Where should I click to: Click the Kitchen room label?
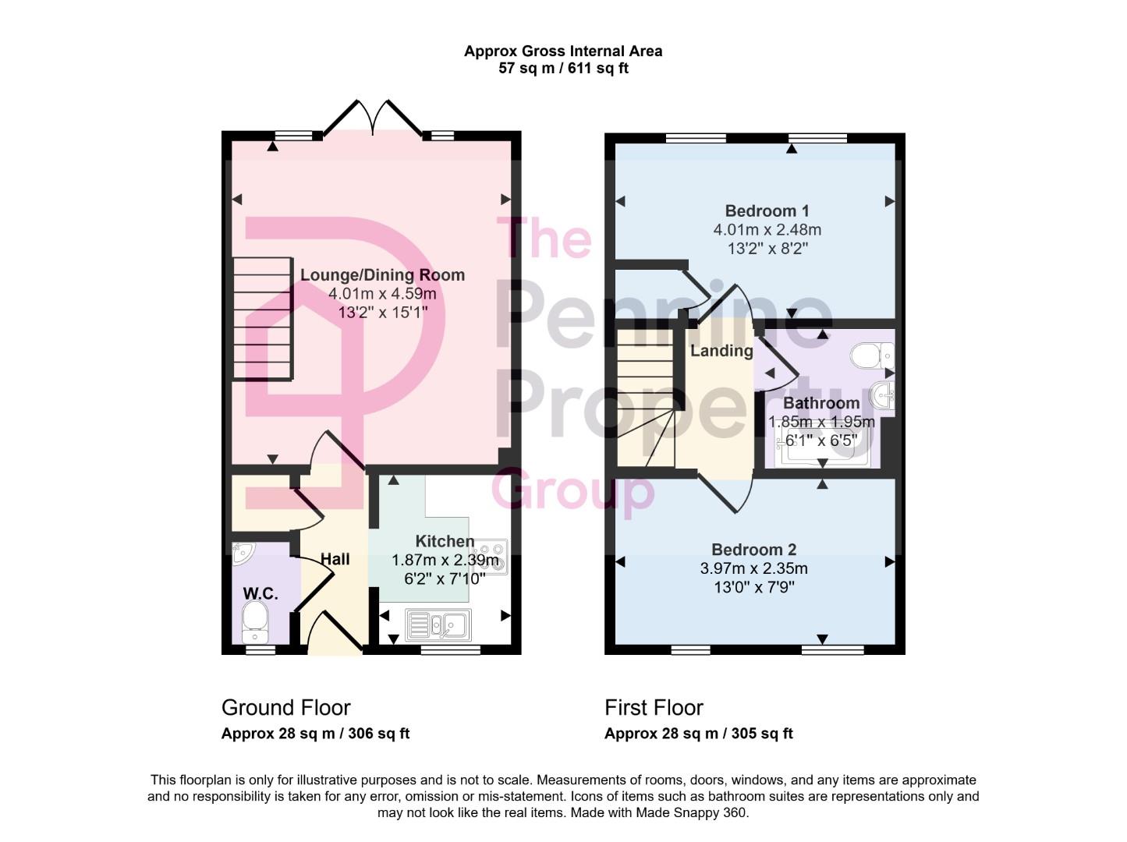445,541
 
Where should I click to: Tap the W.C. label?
260,593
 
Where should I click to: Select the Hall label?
335,559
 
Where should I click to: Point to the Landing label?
721,351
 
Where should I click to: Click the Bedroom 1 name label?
767,210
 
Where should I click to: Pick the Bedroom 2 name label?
753,550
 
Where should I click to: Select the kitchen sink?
437,624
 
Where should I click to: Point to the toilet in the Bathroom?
870,356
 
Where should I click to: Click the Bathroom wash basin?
884,395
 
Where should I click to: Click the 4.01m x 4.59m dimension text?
382,294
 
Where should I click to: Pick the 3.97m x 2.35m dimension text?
753,568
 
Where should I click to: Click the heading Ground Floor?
286,707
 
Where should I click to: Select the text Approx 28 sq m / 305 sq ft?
698,734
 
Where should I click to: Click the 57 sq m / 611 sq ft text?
563,69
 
